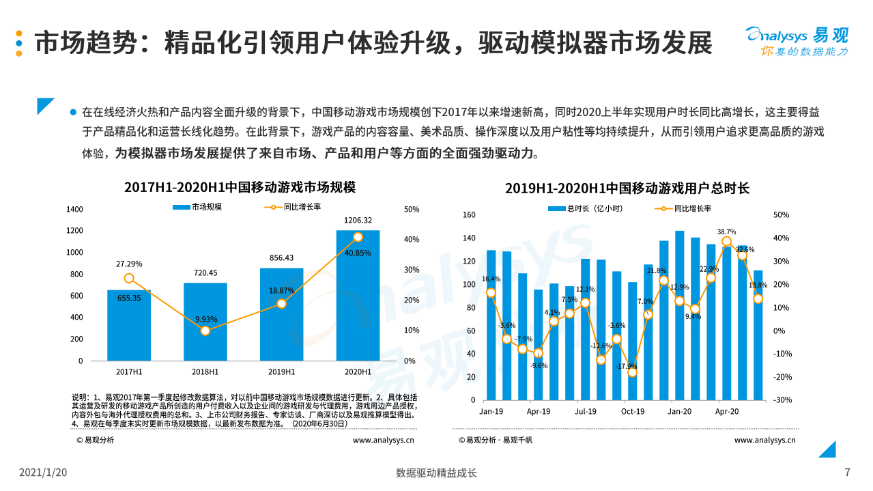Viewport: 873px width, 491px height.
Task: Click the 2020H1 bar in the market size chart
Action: click(x=358, y=300)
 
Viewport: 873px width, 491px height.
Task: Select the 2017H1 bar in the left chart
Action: click(x=129, y=328)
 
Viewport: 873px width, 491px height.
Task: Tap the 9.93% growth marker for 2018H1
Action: click(x=205, y=331)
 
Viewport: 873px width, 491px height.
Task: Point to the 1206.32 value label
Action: click(x=358, y=220)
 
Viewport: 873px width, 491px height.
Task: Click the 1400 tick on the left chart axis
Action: click(x=74, y=209)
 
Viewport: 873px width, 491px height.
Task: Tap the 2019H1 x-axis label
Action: click(x=281, y=371)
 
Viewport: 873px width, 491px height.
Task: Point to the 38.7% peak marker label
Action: click(x=726, y=232)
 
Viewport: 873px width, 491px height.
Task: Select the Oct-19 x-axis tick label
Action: click(x=632, y=411)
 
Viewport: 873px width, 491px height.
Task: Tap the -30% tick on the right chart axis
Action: click(x=781, y=400)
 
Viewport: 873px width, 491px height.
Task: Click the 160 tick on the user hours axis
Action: click(x=468, y=215)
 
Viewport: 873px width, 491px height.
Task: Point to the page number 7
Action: click(x=847, y=473)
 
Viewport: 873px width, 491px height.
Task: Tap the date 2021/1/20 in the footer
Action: click(x=43, y=473)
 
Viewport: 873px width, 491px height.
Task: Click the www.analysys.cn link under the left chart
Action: click(x=383, y=440)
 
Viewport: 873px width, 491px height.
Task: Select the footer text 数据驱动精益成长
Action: click(x=436, y=473)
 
